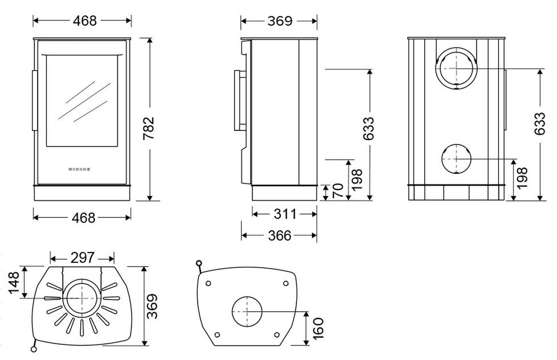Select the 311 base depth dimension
pos(284,214)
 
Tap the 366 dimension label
pos(279,236)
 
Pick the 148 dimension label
pos(14,282)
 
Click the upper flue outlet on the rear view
pos(456,68)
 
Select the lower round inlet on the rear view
pos(456,158)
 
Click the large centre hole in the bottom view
pos(246,312)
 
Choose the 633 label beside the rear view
pos(539,124)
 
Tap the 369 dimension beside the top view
pos(152,306)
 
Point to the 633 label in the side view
pos(369,128)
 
